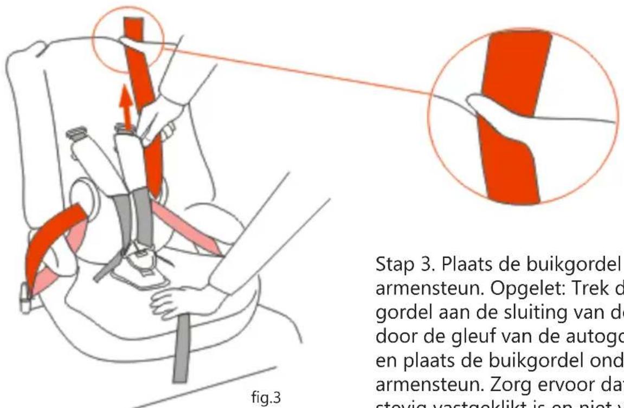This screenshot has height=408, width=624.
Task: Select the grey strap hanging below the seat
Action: tap(179, 358)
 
